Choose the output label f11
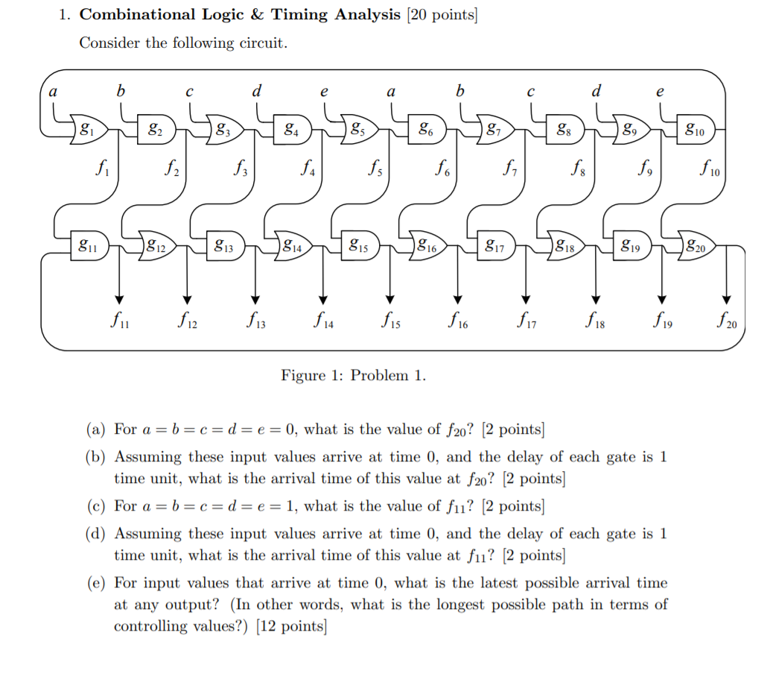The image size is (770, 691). tap(118, 320)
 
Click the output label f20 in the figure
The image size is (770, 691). tap(727, 321)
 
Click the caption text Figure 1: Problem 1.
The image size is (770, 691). tap(353, 375)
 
